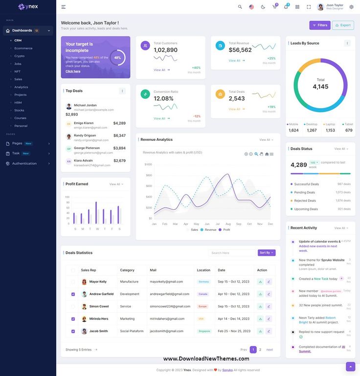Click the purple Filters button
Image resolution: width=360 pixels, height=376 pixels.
(320, 25)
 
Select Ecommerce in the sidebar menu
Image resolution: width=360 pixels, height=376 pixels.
(23, 48)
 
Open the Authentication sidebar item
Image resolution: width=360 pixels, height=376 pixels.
(24, 163)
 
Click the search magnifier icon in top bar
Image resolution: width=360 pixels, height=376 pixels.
(240, 7)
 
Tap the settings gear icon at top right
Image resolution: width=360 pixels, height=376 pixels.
(351, 7)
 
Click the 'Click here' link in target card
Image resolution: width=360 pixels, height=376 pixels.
(73, 71)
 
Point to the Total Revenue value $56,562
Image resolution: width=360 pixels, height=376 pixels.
(240, 50)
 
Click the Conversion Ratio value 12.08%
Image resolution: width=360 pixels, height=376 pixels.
(163, 98)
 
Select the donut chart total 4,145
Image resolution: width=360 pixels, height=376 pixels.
(320, 87)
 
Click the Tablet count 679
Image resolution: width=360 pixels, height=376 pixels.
(349, 130)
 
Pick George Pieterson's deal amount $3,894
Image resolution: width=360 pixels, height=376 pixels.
(119, 148)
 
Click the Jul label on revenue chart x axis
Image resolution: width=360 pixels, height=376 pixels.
(217, 224)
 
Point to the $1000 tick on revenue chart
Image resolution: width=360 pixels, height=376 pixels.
(148, 164)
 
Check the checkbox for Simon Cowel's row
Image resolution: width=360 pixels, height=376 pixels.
(73, 307)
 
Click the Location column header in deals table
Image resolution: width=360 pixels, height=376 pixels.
(203, 270)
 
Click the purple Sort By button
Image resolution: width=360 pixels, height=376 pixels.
(267, 253)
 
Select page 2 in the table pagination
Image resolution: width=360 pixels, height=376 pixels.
(260, 350)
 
